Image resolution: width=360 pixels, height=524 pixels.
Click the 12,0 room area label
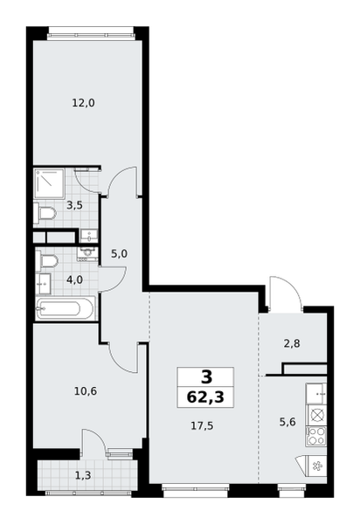pyautogui.click(x=84, y=103)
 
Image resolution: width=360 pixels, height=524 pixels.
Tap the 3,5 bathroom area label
pyautogui.click(x=74, y=205)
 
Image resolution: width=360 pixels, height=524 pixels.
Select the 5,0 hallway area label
pyautogui.click(x=119, y=254)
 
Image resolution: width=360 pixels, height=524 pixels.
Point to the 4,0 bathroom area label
pyautogui.click(x=74, y=279)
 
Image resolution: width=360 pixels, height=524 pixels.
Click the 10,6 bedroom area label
pyautogui.click(x=86, y=390)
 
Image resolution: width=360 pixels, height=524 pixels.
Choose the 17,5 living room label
pyautogui.click(x=202, y=426)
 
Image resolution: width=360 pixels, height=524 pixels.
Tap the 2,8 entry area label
pyautogui.click(x=292, y=343)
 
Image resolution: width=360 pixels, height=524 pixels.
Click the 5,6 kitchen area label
pyautogui.click(x=287, y=422)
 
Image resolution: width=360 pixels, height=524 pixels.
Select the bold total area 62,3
pyautogui.click(x=205, y=397)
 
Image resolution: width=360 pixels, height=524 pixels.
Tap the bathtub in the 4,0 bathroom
pyautogui.click(x=66, y=308)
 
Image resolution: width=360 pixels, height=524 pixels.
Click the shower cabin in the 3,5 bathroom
pyautogui.click(x=49, y=183)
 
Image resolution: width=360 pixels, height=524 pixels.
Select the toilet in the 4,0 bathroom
pyautogui.click(x=48, y=260)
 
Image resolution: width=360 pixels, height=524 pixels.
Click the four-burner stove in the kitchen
pyautogui.click(x=316, y=436)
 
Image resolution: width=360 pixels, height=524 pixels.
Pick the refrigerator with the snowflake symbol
pyautogui.click(x=314, y=465)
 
